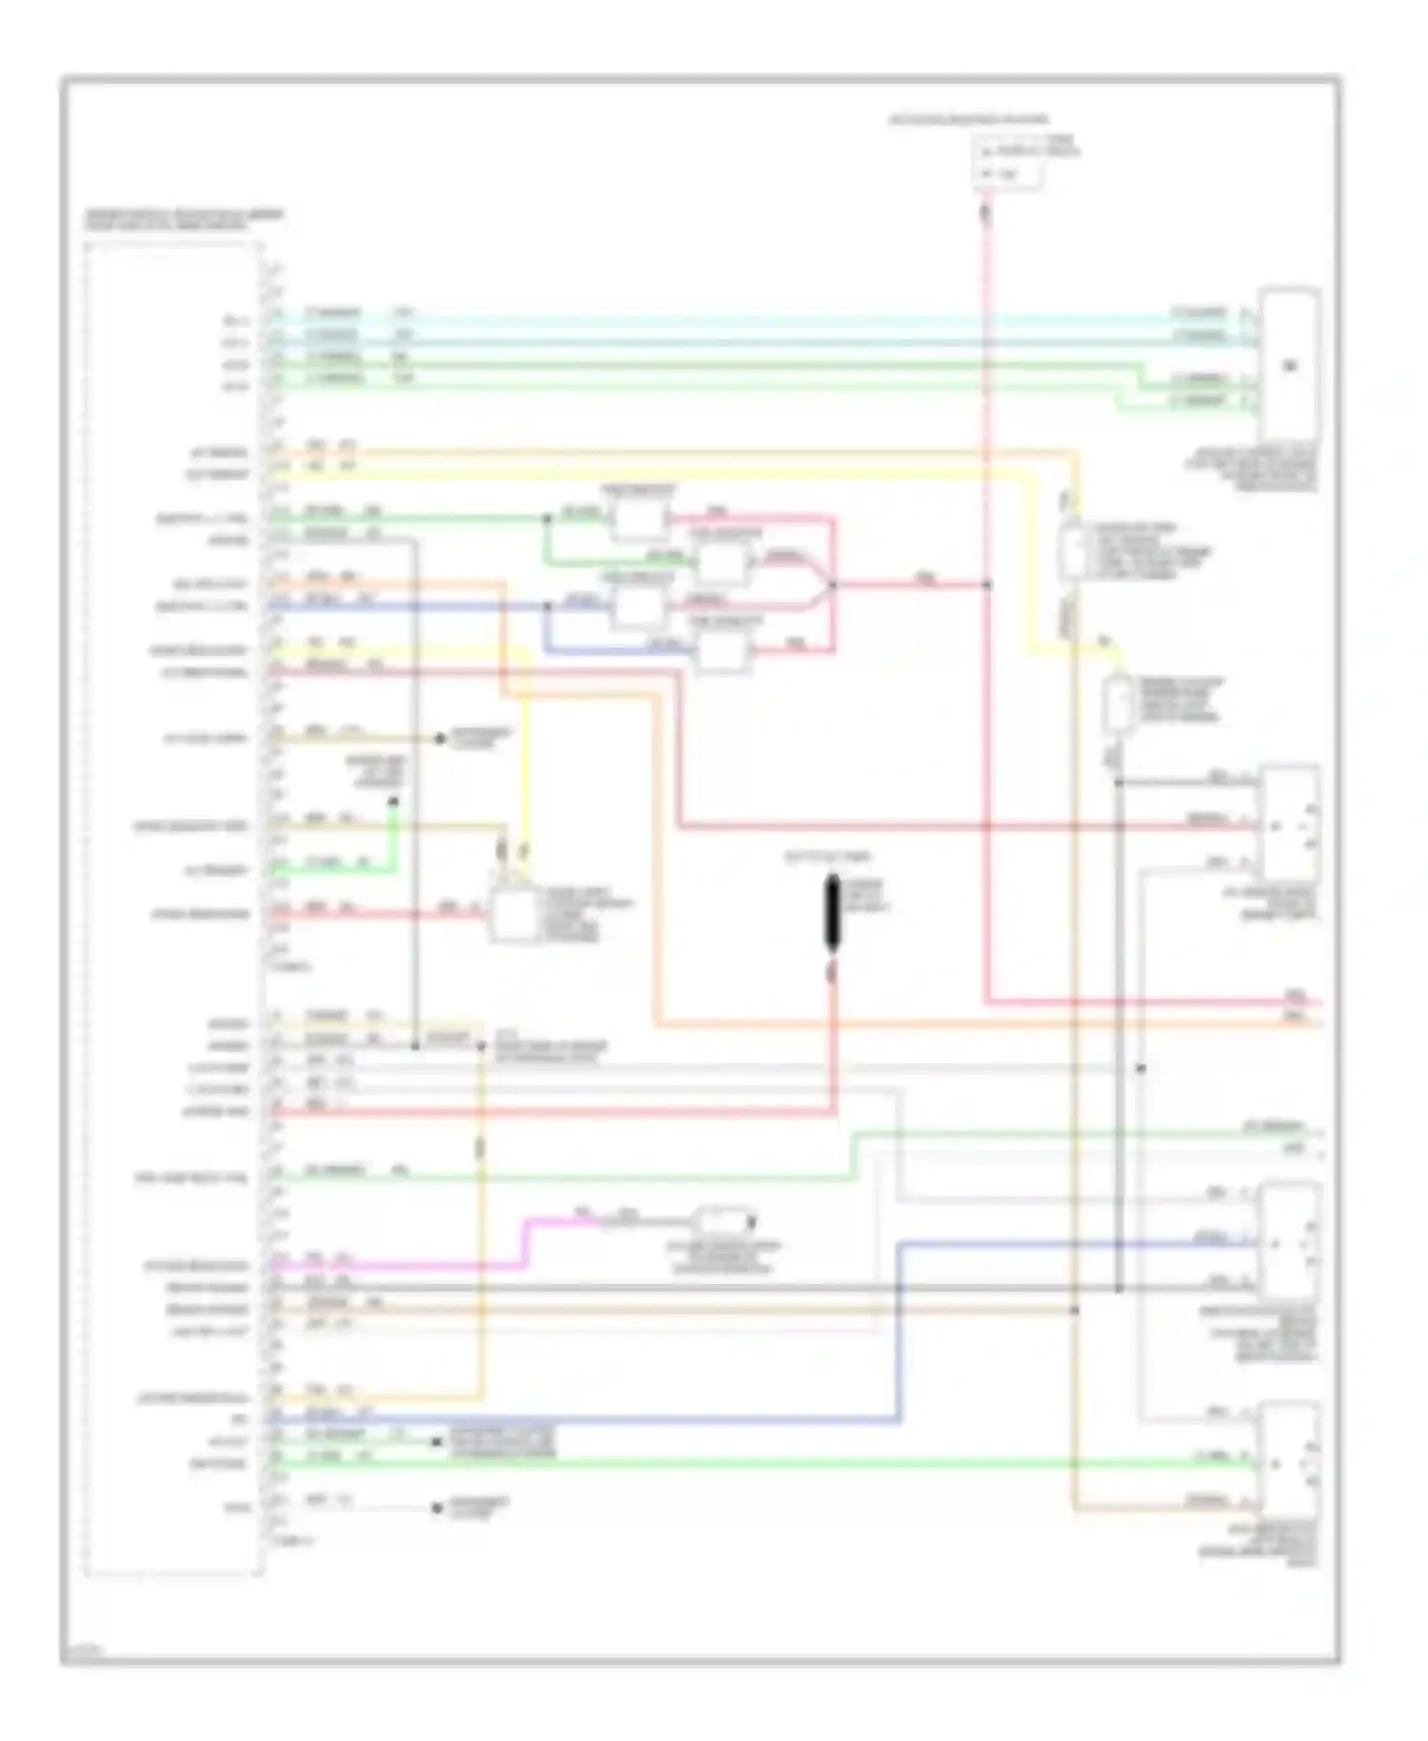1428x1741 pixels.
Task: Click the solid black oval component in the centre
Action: point(832,914)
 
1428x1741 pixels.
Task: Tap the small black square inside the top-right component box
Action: point(1291,366)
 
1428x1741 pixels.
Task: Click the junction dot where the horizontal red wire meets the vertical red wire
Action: point(987,584)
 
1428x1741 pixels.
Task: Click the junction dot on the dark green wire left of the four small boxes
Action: point(546,519)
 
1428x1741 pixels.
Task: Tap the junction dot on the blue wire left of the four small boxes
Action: point(546,606)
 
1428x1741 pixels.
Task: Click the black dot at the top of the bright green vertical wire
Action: point(393,802)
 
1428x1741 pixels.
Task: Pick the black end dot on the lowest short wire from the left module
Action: point(437,1509)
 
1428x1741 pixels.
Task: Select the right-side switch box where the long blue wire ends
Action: point(1289,1243)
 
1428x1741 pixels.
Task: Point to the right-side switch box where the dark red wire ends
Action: point(1289,825)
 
